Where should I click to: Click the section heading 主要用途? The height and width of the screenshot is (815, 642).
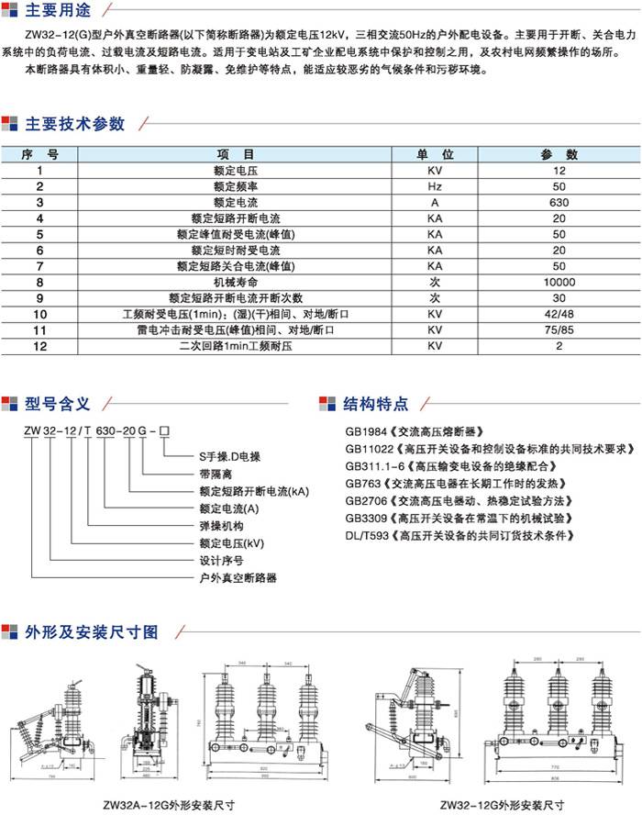pyautogui.click(x=61, y=12)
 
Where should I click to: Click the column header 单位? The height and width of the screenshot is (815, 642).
pyautogui.click(x=435, y=154)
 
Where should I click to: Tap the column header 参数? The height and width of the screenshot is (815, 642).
pyautogui.click(x=559, y=154)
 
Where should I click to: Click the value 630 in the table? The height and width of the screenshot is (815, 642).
pyautogui.click(x=559, y=202)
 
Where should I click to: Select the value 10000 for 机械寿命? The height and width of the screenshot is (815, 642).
pyautogui.click(x=559, y=282)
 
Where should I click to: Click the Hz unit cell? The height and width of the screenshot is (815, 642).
pyautogui.click(x=435, y=186)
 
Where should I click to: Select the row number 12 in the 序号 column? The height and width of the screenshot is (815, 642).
pyautogui.click(x=39, y=346)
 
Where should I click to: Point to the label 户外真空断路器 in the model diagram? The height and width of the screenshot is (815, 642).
pyautogui.click(x=238, y=579)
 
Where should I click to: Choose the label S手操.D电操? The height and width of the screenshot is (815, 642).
pyautogui.click(x=230, y=455)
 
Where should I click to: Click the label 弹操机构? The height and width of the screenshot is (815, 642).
pyautogui.click(x=219, y=526)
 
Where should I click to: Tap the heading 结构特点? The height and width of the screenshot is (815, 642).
pyautogui.click(x=376, y=404)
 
